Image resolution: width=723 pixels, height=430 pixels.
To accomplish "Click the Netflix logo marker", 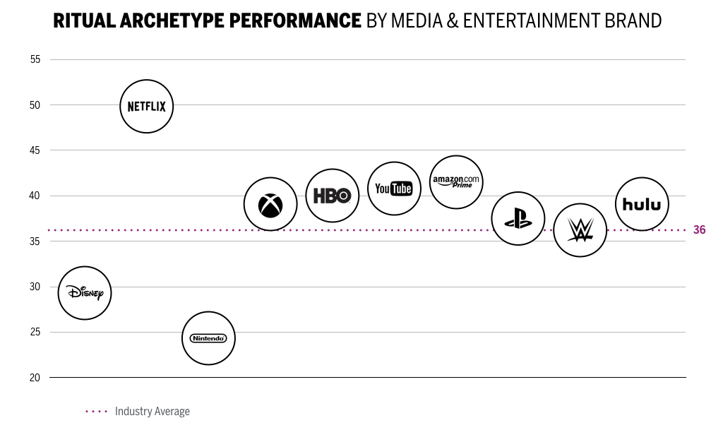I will (x=146, y=107).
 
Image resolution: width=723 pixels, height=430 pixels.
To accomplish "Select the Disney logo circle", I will (x=85, y=293).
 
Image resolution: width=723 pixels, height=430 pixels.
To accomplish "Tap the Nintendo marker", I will (x=208, y=338).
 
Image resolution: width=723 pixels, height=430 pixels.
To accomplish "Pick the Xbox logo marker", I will (x=270, y=204).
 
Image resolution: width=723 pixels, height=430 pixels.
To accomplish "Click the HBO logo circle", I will (x=332, y=196).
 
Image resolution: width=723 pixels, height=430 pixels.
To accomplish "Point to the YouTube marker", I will (x=394, y=189).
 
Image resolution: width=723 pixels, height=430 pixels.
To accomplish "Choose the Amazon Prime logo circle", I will (x=456, y=182).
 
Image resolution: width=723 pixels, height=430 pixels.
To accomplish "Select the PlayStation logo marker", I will (x=518, y=219).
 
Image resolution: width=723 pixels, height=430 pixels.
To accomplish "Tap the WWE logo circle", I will (x=580, y=230).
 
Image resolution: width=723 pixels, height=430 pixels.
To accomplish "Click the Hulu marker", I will (x=642, y=204).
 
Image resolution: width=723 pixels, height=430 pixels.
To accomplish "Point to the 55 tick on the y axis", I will (x=35, y=60).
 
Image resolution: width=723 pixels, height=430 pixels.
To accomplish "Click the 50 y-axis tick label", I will (x=35, y=105).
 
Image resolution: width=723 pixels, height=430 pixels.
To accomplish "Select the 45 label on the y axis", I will (x=35, y=150).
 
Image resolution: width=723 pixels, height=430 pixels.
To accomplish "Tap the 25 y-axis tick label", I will (x=35, y=332).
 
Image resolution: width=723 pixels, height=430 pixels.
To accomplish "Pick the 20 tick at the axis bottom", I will (x=35, y=378).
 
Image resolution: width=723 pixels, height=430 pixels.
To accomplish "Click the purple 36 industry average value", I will (x=699, y=230).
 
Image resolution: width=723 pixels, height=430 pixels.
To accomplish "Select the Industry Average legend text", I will (x=152, y=411).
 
